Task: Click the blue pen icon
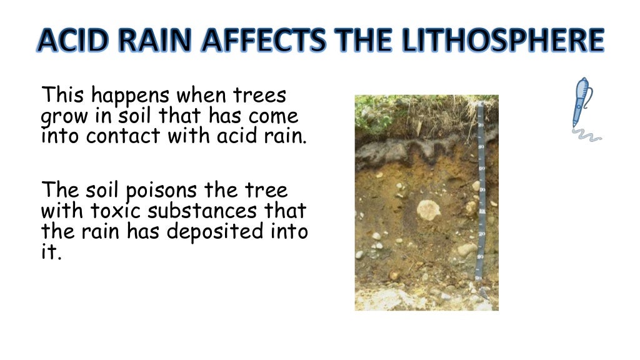click(581, 101)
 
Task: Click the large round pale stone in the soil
click(429, 210)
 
